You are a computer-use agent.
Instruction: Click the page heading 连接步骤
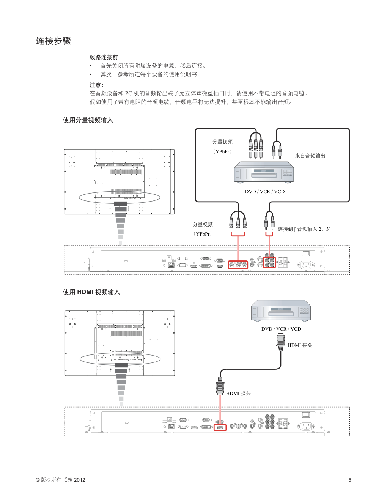(x=53, y=41)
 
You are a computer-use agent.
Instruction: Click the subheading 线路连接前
(x=104, y=57)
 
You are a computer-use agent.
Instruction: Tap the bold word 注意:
(x=96, y=85)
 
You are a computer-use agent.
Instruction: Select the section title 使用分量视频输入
(x=88, y=120)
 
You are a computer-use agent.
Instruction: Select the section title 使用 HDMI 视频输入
(x=91, y=292)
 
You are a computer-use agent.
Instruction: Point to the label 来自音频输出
(x=310, y=156)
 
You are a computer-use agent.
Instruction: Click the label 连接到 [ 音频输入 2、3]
(x=304, y=229)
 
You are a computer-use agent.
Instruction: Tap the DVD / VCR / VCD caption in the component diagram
(x=264, y=192)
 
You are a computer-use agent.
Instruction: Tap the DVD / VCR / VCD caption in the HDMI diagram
(x=281, y=329)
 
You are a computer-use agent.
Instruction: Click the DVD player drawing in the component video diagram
(x=264, y=173)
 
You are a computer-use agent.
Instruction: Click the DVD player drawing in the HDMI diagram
(x=281, y=310)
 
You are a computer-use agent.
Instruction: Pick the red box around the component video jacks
(x=238, y=265)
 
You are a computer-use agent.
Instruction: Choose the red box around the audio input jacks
(x=269, y=262)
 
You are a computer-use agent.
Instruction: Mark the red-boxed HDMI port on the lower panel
(x=220, y=428)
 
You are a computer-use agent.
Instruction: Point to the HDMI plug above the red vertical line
(x=220, y=386)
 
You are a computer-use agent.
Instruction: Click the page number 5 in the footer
(x=350, y=480)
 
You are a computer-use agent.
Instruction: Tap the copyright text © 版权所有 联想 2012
(x=61, y=480)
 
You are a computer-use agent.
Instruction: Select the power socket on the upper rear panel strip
(x=307, y=265)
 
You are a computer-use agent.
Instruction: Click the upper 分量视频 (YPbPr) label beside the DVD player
(x=222, y=147)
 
